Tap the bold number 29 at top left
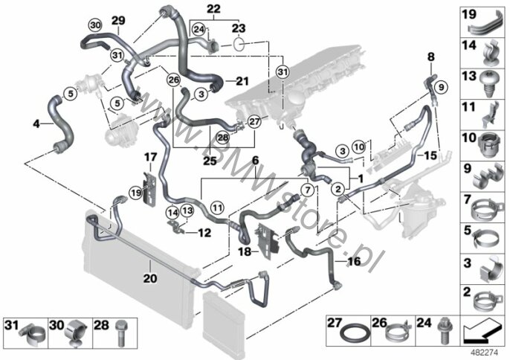pos(118,19)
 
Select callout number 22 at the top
pos(213,9)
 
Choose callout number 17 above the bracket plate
pos(150,157)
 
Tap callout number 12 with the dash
pos(204,232)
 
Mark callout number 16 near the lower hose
pos(353,261)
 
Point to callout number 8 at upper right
pos(430,57)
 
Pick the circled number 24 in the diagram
pos(198,28)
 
